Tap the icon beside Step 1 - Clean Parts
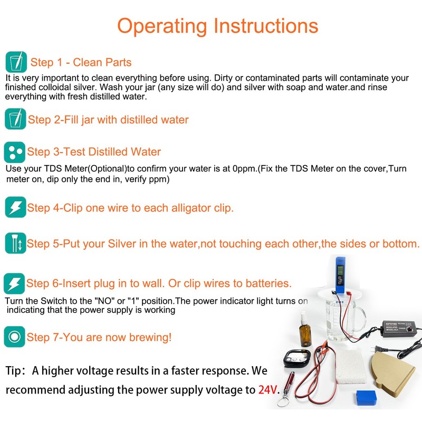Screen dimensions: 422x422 (15, 62)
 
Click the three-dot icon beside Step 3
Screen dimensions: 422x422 (15, 152)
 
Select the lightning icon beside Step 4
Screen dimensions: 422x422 (15, 207)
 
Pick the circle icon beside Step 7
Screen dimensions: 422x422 (15, 337)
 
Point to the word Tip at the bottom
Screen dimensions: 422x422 (15, 370)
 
